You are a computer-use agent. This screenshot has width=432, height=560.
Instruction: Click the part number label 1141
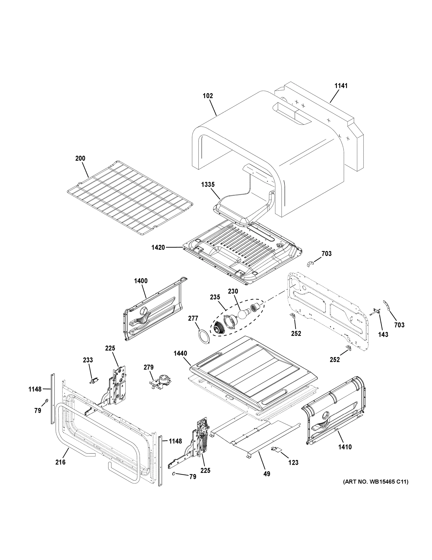click(x=341, y=86)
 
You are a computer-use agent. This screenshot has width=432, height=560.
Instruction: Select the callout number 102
click(x=207, y=96)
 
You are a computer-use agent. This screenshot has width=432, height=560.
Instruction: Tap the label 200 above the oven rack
click(x=80, y=158)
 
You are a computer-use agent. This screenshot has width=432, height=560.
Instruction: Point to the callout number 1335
click(x=208, y=184)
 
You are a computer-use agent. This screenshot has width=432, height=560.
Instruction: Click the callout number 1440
click(x=180, y=353)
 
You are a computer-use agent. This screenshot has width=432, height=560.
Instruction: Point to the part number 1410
click(x=345, y=447)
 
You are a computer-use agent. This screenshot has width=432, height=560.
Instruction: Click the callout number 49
click(x=267, y=474)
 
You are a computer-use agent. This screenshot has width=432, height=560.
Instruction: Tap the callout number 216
click(x=60, y=462)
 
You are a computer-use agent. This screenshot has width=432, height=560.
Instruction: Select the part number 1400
click(x=141, y=281)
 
